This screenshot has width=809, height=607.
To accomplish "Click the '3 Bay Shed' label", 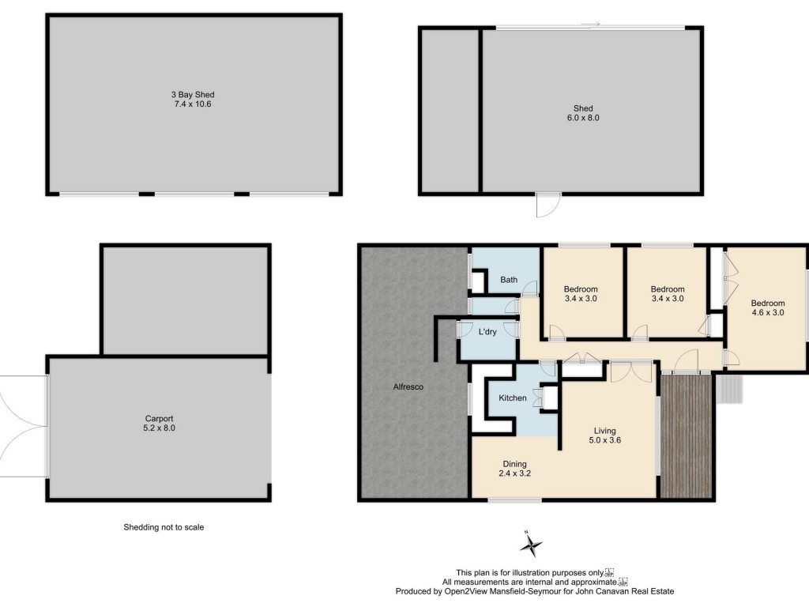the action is pos(193,95).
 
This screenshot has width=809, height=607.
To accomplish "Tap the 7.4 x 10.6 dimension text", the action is pos(193,104).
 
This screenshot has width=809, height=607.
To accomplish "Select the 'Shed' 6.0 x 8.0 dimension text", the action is pos(583,118).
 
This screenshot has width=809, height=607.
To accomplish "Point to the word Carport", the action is pos(159,419).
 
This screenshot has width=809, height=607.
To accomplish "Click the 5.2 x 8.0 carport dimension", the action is pos(159,428).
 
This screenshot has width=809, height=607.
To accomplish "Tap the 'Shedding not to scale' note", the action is pos(164,527).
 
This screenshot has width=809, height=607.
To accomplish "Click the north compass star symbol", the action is pos(531,545).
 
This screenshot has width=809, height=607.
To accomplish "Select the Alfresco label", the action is pos(408,386).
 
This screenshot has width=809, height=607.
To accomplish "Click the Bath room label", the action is pos(509,280).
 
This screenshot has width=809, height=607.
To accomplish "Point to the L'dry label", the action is pos(487,331).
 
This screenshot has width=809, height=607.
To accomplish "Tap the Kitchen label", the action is pos(512,398).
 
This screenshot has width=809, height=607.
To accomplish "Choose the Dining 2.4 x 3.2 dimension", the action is pos(515,473).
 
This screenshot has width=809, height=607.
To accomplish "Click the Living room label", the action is pos(604,431).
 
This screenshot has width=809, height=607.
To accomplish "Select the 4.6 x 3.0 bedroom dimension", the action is pos(768,312).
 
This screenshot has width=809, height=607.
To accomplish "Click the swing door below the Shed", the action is pos(548,205).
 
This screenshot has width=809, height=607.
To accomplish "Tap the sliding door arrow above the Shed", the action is pos(590,24).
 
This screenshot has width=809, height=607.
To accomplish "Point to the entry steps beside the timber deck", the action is pos(729,389).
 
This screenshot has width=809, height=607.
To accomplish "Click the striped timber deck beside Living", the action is pos(687,436).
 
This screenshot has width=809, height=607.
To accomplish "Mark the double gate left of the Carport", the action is pos(23,426).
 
